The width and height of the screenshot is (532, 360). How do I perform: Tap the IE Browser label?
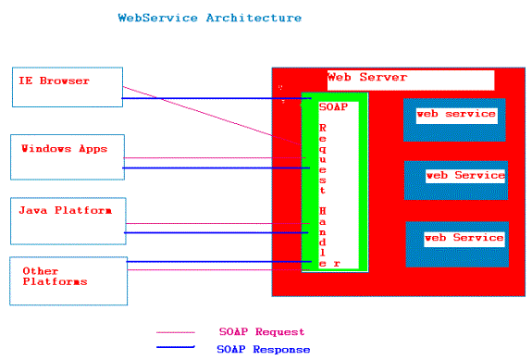[54, 81]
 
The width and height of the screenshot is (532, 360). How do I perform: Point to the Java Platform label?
[65, 210]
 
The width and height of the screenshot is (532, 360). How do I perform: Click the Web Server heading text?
[367, 78]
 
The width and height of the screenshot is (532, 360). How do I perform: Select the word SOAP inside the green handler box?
[333, 106]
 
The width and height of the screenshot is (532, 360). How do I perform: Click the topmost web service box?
[454, 118]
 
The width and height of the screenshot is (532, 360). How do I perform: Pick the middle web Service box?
[456, 179]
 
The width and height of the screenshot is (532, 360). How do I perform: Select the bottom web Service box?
[456, 243]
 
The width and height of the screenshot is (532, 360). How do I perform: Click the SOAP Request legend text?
[261, 331]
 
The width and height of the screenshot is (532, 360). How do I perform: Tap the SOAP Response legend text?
[263, 349]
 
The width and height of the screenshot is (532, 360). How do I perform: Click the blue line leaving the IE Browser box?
[213, 98]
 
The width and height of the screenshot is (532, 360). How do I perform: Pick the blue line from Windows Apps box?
[213, 168]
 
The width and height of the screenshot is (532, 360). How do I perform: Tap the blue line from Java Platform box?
[213, 232]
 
